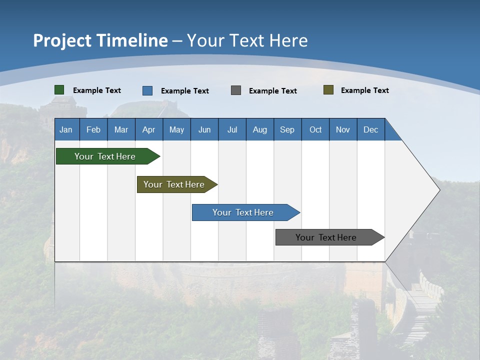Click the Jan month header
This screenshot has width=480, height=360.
coord(66,129)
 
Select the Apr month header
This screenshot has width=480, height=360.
coord(149,129)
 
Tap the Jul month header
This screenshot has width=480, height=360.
coord(232,129)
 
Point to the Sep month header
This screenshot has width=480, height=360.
coord(287,129)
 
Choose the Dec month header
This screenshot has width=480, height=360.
coord(371,129)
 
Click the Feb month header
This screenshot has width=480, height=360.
coord(93,129)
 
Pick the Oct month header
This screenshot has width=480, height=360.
coord(315,129)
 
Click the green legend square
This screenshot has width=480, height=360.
coord(59,90)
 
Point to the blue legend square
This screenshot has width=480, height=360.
coord(147,90)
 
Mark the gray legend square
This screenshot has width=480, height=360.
coord(236,90)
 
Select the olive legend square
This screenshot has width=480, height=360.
coord(328,90)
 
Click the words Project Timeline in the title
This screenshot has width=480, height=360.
coord(100,40)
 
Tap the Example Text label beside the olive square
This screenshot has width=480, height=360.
coord(364,90)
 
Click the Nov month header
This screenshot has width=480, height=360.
coord(343,129)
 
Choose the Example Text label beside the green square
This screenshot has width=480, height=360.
coord(97,90)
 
